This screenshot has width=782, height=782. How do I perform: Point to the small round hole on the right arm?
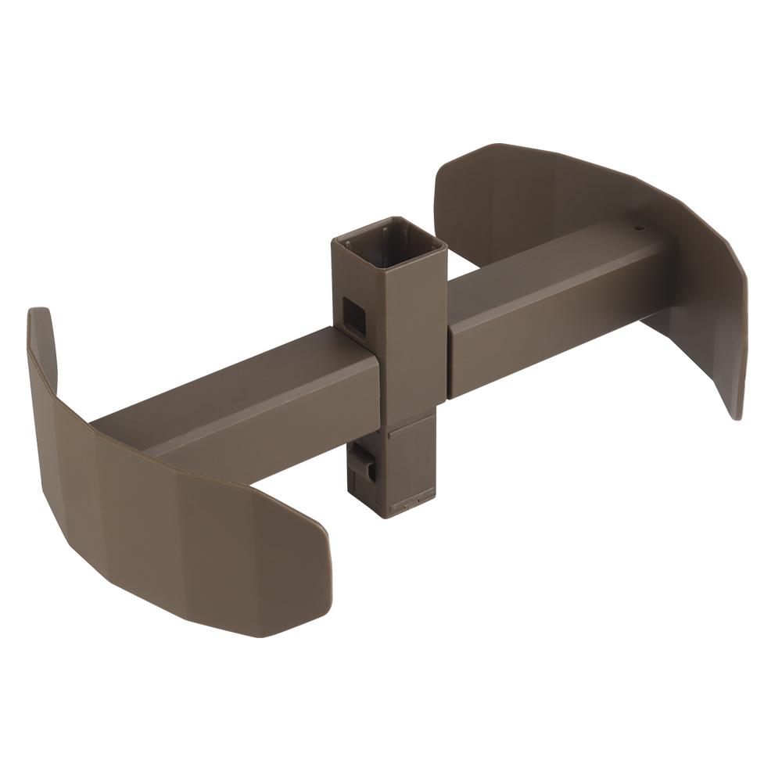(638, 229)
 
